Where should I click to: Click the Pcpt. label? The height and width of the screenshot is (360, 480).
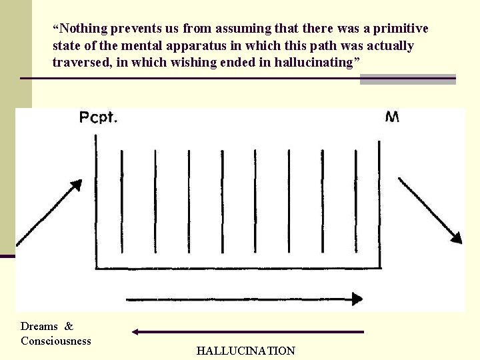tap(99, 118)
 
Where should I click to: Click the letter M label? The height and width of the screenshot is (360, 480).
tap(393, 117)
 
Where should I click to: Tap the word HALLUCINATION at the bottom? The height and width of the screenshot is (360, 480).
tap(245, 351)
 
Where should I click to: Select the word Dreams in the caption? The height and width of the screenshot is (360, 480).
tap(39, 326)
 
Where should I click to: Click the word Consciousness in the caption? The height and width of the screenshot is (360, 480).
tap(56, 341)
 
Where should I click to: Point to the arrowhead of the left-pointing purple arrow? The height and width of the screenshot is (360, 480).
tap(135, 331)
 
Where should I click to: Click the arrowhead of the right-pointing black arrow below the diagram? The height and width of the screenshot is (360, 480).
tap(357, 299)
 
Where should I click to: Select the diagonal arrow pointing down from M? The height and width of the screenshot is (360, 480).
tap(429, 209)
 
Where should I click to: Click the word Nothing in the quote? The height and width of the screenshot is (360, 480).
tap(83, 29)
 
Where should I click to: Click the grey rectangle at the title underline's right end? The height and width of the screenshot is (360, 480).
tap(407, 79)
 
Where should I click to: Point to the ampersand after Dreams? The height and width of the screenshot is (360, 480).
tap(69, 326)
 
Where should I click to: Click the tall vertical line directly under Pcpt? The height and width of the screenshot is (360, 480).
tap(97, 200)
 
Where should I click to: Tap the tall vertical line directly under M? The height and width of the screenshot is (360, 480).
tap(380, 200)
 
